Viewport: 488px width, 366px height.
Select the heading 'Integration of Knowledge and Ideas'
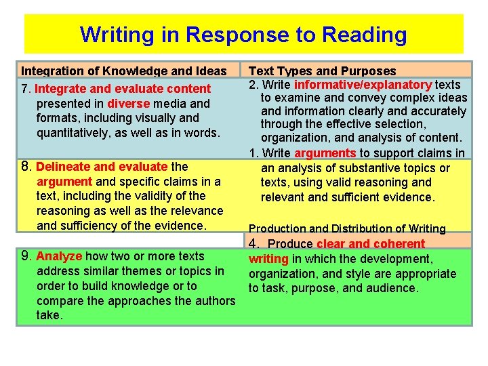124,70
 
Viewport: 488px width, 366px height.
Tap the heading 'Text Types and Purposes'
323,70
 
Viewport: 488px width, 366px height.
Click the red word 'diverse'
128,104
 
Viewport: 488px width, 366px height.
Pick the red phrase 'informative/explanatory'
363,85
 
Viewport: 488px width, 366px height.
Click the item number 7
25,89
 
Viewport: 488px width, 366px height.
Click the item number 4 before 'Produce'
253,243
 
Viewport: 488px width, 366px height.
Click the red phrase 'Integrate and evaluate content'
123,89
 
